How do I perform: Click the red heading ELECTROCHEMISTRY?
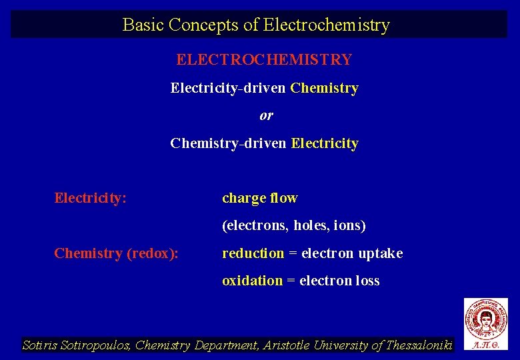tap(264, 59)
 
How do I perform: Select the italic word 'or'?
tap(266, 115)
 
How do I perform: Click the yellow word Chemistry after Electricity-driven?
tap(325, 88)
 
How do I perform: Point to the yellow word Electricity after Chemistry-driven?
tap(325, 143)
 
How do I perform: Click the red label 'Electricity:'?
tap(90, 198)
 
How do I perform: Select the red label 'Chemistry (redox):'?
tap(116, 253)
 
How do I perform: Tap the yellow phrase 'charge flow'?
tap(259, 198)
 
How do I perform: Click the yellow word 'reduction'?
tap(253, 253)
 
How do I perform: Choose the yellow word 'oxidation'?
tap(252, 281)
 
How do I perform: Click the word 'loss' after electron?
tap(367, 281)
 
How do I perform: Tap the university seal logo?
tap(485, 319)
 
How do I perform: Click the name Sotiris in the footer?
tap(42, 345)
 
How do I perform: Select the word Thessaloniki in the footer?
tap(419, 345)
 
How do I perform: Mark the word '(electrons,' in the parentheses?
tap(255, 226)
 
